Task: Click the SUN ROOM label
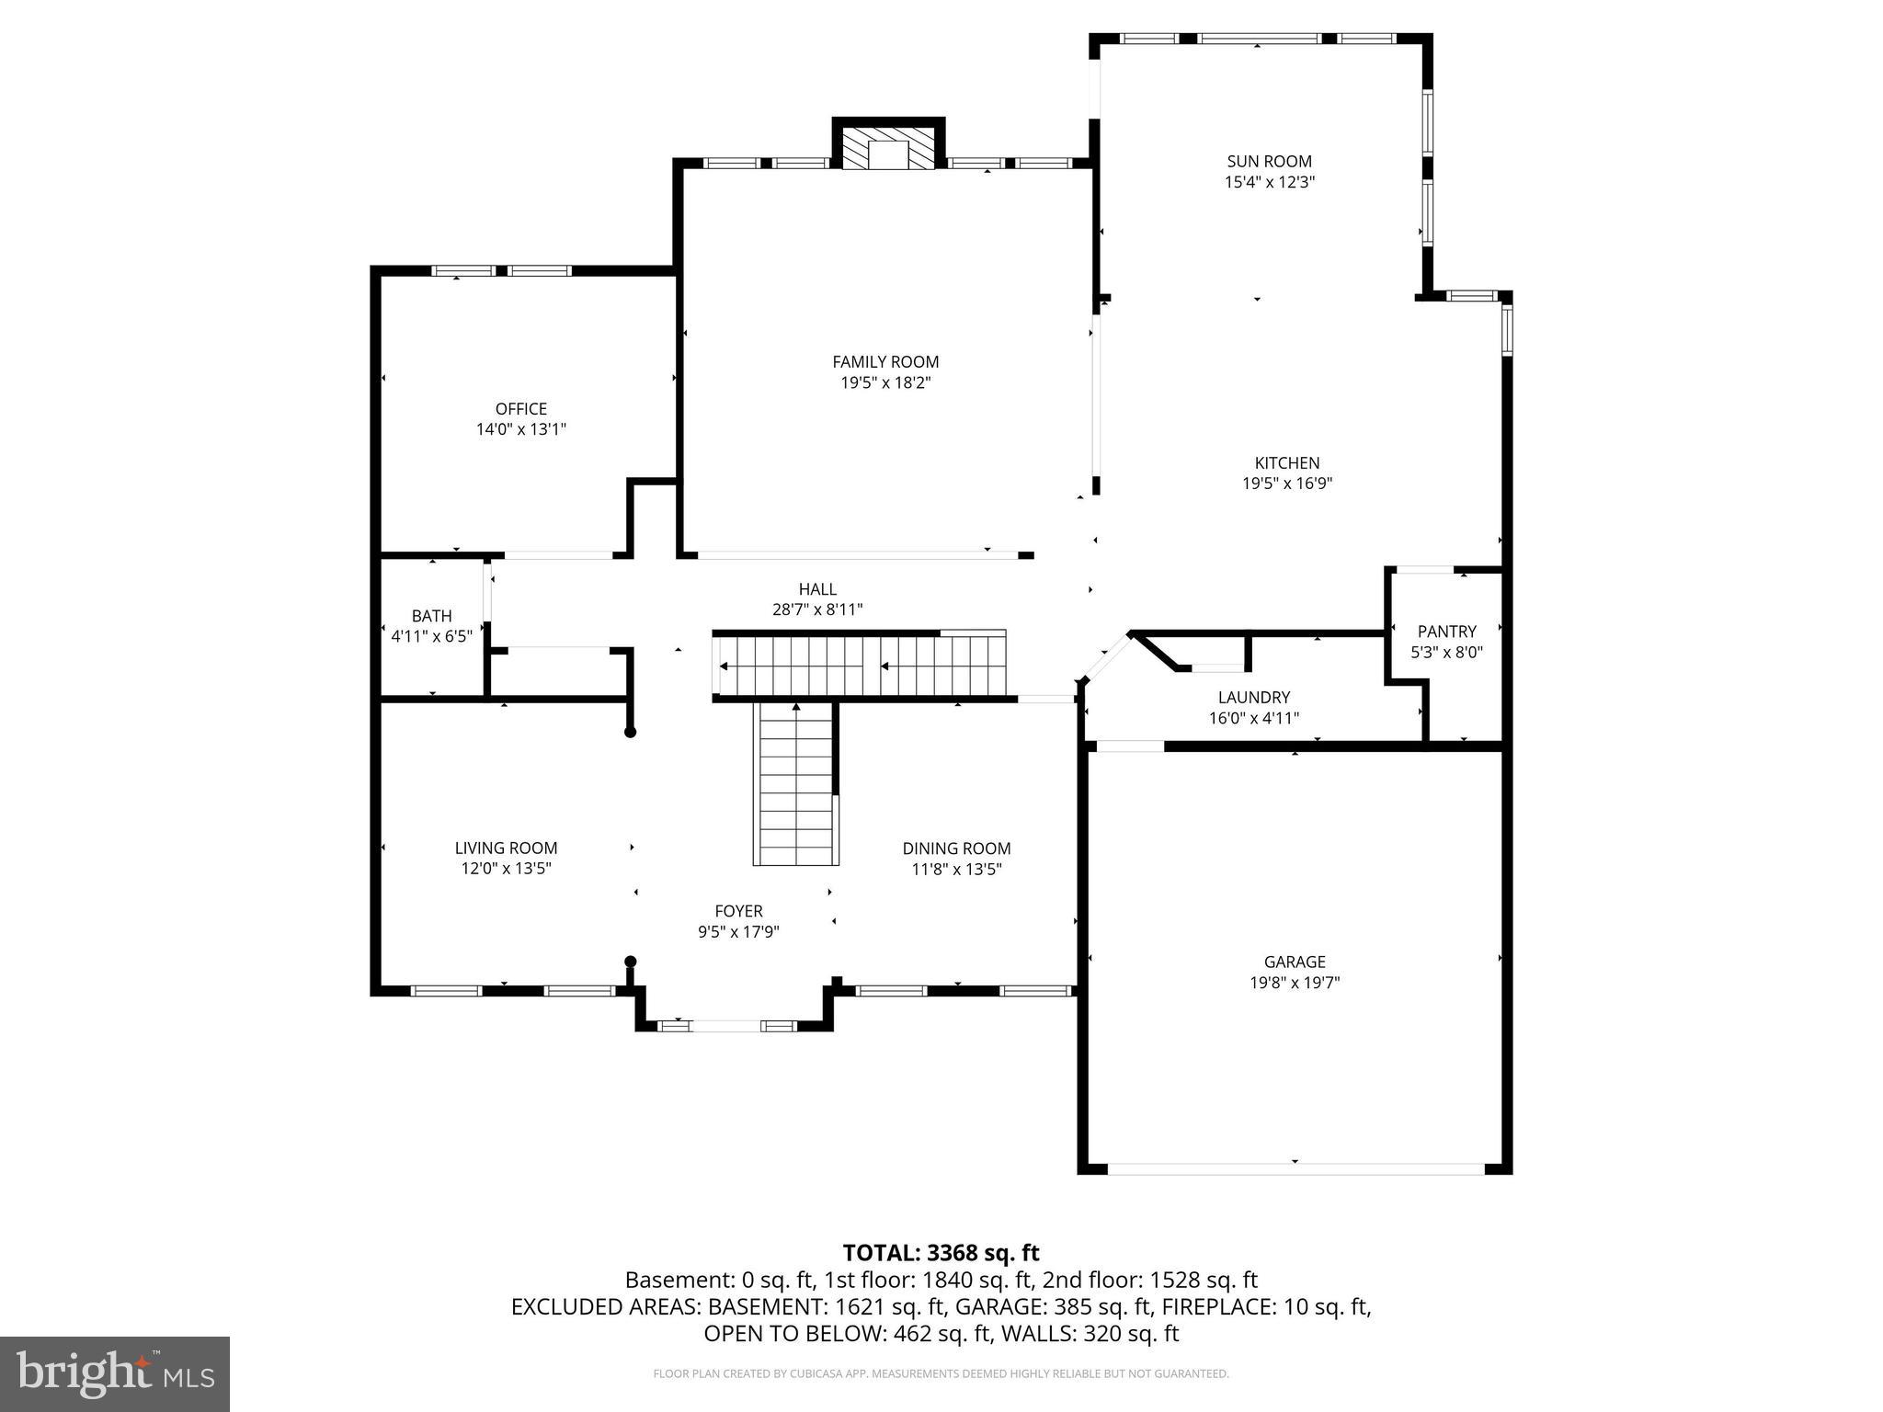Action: [1269, 162]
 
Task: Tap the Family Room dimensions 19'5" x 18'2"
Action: [885, 383]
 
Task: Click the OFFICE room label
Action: [520, 409]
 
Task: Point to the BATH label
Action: [431, 616]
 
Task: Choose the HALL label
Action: [817, 589]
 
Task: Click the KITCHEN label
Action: [1286, 463]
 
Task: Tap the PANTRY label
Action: [1446, 632]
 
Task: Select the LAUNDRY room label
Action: [1253, 698]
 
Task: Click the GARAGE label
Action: [1294, 962]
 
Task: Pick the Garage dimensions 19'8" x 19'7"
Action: [1294, 983]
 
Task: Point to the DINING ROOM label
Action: [956, 848]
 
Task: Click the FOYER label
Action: [738, 911]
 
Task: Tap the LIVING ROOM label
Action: [506, 848]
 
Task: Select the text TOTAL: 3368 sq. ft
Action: [941, 1253]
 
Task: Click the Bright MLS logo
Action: [114, 1373]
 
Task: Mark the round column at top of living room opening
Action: [630, 733]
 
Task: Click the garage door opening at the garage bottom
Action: [1295, 1167]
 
